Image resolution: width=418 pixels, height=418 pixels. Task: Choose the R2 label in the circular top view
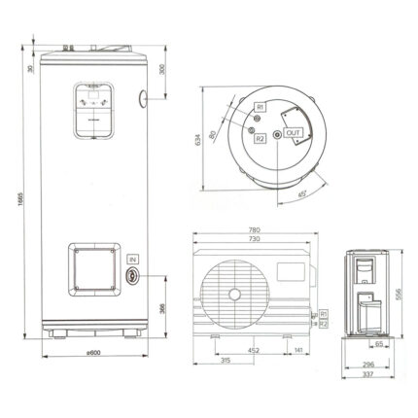[261, 138]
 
